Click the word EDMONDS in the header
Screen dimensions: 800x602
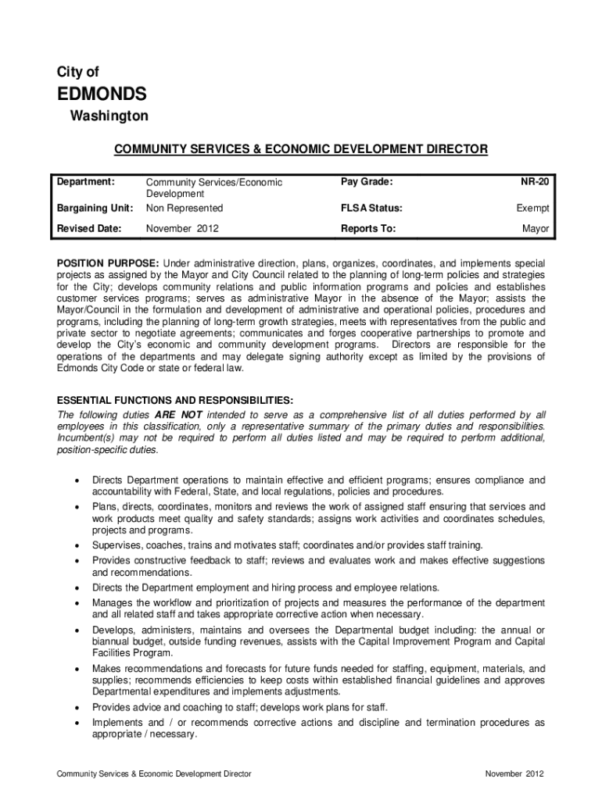[x=101, y=95]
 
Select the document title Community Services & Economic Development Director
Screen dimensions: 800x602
[x=301, y=148]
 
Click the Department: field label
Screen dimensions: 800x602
[x=86, y=181]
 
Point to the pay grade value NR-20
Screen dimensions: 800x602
[x=536, y=181]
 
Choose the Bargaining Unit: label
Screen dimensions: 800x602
[x=95, y=208]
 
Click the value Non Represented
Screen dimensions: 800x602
[x=185, y=208]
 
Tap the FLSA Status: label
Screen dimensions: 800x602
[x=371, y=208]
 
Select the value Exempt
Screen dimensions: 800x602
[x=532, y=208]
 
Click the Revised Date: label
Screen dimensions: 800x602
[x=88, y=229]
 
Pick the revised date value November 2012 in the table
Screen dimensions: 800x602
[x=183, y=229]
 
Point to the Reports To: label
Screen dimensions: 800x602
[x=367, y=229]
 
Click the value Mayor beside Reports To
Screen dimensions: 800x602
[x=536, y=229]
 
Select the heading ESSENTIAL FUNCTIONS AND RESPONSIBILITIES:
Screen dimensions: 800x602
[x=176, y=399]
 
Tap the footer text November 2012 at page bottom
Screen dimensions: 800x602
[x=514, y=773]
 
